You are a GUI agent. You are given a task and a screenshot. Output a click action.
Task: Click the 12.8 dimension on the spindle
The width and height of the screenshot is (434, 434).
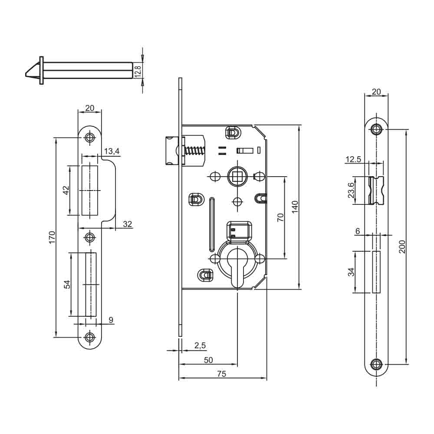click(138, 70)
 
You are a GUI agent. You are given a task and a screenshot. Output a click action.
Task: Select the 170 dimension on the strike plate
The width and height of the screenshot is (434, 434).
click(52, 237)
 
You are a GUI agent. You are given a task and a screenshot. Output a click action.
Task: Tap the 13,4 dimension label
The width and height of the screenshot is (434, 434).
click(112, 151)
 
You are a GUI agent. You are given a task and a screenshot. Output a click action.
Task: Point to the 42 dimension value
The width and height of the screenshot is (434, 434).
click(66, 190)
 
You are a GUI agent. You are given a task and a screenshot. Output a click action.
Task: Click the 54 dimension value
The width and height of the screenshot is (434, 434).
click(67, 284)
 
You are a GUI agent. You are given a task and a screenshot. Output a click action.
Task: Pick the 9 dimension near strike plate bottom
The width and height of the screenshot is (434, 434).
click(111, 320)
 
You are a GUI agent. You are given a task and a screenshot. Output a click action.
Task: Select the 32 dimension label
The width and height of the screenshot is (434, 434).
click(128, 224)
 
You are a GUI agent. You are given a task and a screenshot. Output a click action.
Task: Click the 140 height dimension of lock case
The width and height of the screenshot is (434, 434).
click(295, 207)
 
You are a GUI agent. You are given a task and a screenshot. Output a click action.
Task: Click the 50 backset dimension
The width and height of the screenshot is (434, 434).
click(208, 360)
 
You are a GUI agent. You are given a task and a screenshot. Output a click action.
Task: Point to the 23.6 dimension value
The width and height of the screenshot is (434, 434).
click(352, 190)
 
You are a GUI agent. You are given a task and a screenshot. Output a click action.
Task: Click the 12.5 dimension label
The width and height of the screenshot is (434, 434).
click(353, 159)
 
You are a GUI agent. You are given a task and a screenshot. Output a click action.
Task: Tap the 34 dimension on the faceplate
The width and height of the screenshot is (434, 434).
click(352, 272)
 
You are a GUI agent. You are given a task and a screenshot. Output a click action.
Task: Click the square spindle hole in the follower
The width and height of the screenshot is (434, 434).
click(237, 177)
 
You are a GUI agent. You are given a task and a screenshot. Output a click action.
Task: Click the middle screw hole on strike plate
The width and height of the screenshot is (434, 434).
click(90, 237)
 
